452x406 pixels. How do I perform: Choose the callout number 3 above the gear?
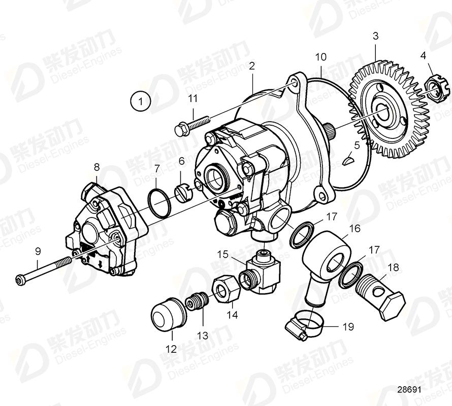pos(375,36)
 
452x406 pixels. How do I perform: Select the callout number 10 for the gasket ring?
pos(320,57)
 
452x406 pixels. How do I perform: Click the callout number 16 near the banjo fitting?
pos(354,229)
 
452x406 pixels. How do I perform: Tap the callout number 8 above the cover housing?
pos(96,166)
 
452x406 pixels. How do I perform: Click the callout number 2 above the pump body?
pos(252,66)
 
